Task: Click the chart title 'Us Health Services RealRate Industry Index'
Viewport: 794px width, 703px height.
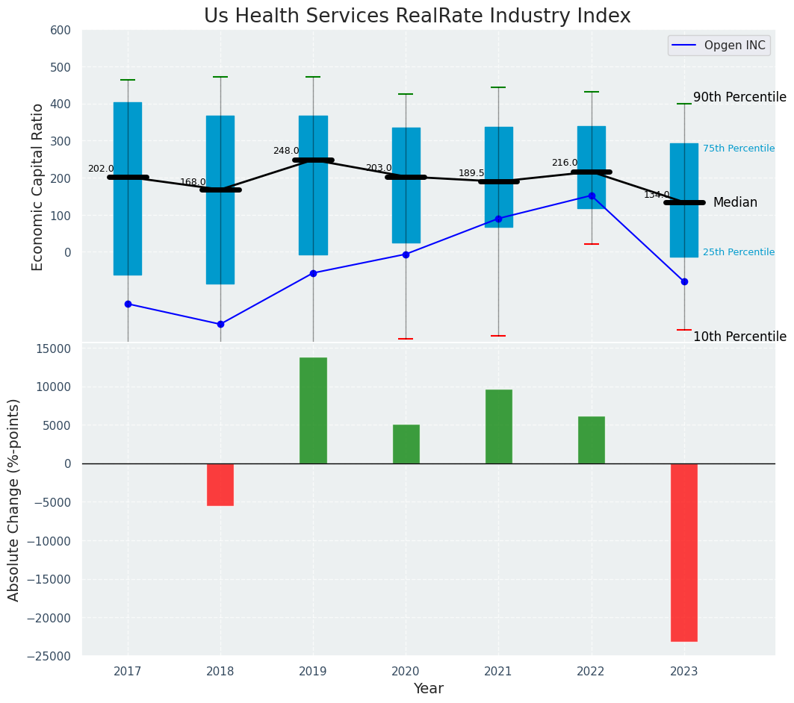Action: (417, 16)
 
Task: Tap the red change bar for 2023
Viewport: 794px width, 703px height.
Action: (683, 552)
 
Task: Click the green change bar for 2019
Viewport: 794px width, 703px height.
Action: (313, 410)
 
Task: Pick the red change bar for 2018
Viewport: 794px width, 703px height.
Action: (220, 484)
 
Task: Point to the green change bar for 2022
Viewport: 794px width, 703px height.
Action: (591, 440)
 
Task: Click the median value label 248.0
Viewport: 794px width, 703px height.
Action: (286, 151)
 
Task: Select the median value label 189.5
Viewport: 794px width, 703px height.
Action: (471, 173)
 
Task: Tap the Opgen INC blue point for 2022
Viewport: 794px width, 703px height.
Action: (592, 196)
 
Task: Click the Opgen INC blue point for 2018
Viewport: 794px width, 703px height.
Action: (220, 324)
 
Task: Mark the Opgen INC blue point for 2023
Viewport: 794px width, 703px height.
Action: (684, 281)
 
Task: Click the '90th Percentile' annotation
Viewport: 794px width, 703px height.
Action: (739, 98)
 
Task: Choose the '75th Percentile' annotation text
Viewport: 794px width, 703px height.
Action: (738, 149)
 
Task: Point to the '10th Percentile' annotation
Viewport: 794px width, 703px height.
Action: (739, 337)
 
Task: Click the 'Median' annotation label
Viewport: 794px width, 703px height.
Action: (735, 203)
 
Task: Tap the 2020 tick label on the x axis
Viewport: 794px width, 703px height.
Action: (406, 671)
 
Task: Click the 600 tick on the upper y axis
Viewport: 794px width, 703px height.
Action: (61, 31)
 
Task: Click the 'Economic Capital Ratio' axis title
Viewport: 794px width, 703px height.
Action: (37, 187)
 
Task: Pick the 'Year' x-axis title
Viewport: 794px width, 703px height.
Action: (428, 689)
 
